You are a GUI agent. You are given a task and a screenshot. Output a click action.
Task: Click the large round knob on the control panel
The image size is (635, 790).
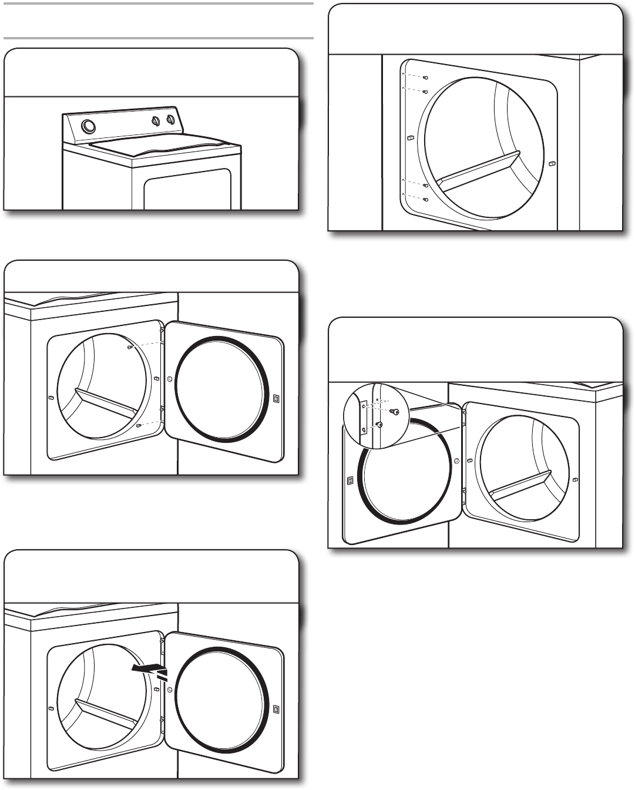tap(87, 126)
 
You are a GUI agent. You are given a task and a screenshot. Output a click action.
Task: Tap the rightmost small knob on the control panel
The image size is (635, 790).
tap(170, 120)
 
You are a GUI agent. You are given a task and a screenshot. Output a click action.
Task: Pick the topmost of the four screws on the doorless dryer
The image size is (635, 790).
tap(426, 78)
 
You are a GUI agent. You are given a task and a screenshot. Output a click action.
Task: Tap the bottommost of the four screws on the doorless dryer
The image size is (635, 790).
tap(426, 199)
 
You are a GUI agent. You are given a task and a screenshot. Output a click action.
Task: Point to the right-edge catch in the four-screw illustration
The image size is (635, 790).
tap(551, 164)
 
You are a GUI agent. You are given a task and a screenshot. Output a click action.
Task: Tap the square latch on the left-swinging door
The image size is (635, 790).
tap(351, 480)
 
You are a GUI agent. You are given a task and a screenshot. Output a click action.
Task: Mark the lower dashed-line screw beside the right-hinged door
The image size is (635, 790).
tap(137, 426)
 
